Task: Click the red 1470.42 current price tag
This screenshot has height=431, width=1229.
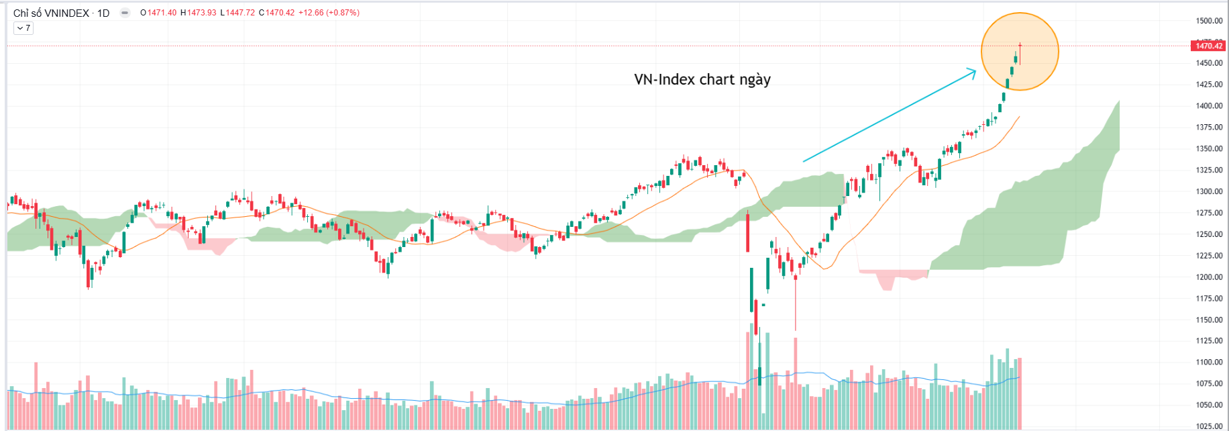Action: pyautogui.click(x=1210, y=46)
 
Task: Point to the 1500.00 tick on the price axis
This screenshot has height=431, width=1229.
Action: pyautogui.click(x=1209, y=21)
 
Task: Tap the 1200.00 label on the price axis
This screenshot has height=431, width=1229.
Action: pyautogui.click(x=1209, y=277)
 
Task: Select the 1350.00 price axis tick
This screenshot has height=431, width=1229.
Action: pyautogui.click(x=1209, y=149)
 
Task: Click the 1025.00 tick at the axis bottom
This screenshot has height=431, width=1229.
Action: pyautogui.click(x=1209, y=426)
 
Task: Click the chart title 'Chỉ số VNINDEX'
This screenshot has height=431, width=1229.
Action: pyautogui.click(x=51, y=13)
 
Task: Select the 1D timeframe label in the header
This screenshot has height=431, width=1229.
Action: pyautogui.click(x=103, y=13)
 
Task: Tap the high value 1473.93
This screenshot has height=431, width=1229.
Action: pyautogui.click(x=201, y=13)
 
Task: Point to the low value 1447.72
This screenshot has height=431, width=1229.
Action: pyautogui.click(x=240, y=13)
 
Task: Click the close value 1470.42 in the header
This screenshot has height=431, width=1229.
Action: pyautogui.click(x=280, y=13)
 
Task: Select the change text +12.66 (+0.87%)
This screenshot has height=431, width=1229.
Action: pyautogui.click(x=329, y=13)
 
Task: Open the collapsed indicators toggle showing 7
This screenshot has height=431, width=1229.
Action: pyautogui.click(x=23, y=28)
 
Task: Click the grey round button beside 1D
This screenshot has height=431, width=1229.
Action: pyautogui.click(x=125, y=13)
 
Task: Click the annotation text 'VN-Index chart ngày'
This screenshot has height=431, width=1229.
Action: pyautogui.click(x=702, y=79)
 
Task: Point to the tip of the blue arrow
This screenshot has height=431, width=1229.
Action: pyautogui.click(x=976, y=68)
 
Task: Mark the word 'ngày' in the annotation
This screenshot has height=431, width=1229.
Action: pyautogui.click(x=755, y=80)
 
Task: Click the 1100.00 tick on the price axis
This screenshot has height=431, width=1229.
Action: pyautogui.click(x=1209, y=363)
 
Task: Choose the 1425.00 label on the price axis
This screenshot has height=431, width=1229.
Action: pyautogui.click(x=1209, y=85)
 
